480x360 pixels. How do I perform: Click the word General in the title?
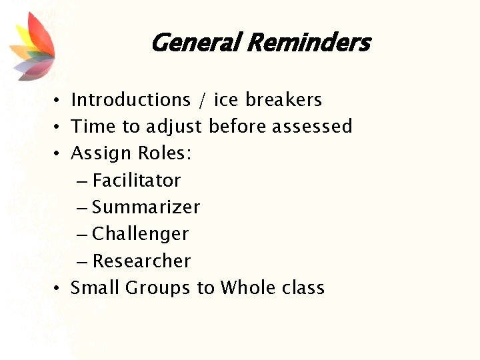(195, 43)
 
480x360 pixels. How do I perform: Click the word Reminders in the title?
(308, 43)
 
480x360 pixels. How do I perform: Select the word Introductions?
(131, 100)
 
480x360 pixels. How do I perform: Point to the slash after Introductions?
(203, 101)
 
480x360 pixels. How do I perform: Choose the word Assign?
(101, 154)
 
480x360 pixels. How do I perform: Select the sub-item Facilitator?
(137, 181)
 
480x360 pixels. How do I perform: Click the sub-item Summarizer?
(146, 207)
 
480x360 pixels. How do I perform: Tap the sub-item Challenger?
(141, 234)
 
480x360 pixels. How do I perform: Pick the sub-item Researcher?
(141, 261)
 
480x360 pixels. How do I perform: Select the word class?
(303, 288)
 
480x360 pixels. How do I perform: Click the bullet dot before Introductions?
(59, 101)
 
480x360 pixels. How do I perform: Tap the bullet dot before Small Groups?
(59, 289)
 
